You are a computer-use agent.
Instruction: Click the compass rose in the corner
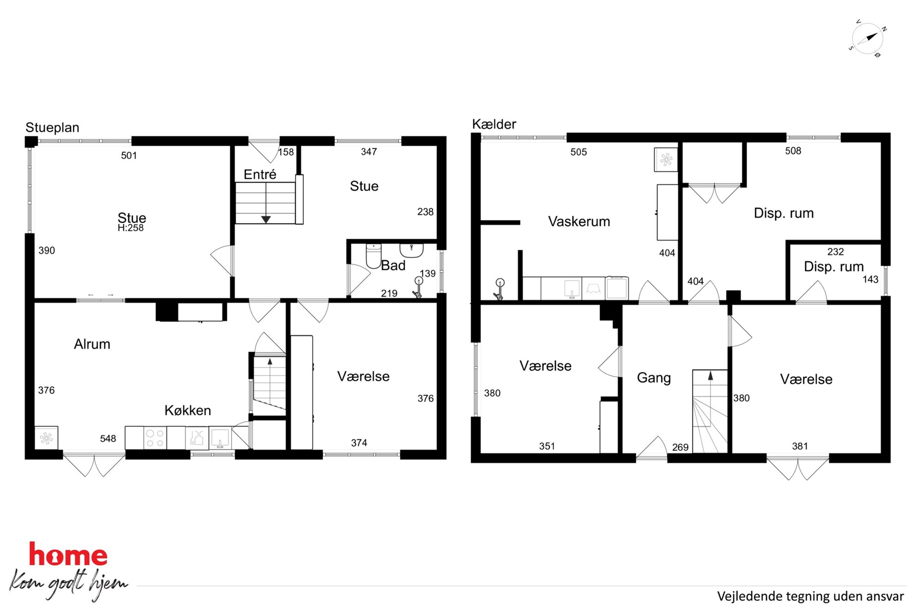pyautogui.click(x=867, y=39)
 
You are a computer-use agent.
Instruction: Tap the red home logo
pyautogui.click(x=68, y=554)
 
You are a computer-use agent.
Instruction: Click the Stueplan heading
pyautogui.click(x=52, y=127)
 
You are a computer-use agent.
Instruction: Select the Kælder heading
pyautogui.click(x=494, y=124)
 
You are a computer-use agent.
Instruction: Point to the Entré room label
pyautogui.click(x=260, y=174)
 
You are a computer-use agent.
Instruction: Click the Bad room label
pyautogui.click(x=393, y=266)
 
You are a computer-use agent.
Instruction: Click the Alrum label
pyautogui.click(x=92, y=344)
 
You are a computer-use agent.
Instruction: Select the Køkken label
pyautogui.click(x=188, y=410)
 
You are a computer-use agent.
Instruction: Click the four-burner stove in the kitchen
pyautogui.click(x=155, y=438)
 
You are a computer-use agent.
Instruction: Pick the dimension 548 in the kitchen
pyautogui.click(x=108, y=438)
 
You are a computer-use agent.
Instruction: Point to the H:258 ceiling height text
pyautogui.click(x=131, y=228)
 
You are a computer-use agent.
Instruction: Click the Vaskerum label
pyautogui.click(x=579, y=221)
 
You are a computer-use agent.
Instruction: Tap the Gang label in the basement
pyautogui.click(x=654, y=378)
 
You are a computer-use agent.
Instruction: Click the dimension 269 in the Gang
pyautogui.click(x=680, y=447)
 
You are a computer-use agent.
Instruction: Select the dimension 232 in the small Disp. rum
pyautogui.click(x=836, y=252)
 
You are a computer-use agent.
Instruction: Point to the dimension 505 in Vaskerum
pyautogui.click(x=579, y=152)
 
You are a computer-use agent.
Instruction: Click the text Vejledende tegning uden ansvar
pyautogui.click(x=810, y=596)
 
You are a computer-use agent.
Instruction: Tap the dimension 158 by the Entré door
pyautogui.click(x=286, y=152)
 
